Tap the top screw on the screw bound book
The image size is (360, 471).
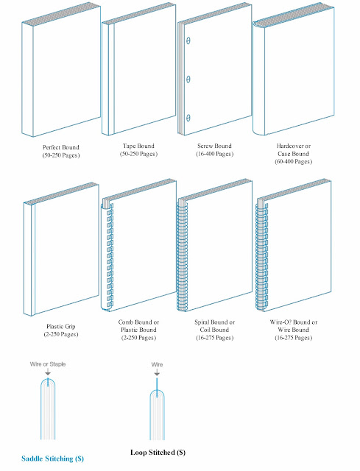[x=188, y=41]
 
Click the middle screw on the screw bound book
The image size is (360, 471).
[x=188, y=79]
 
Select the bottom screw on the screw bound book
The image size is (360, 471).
[x=188, y=117]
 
